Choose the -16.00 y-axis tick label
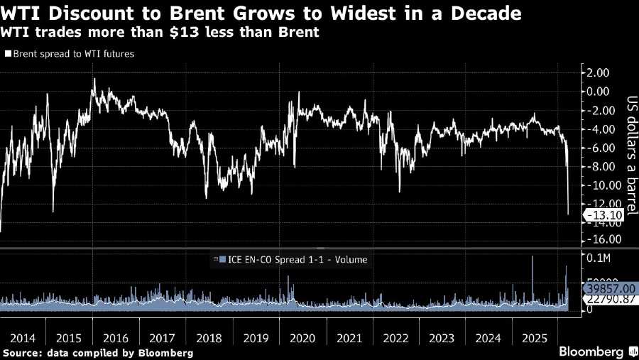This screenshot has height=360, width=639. (598, 240)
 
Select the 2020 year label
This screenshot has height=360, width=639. (304, 338)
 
